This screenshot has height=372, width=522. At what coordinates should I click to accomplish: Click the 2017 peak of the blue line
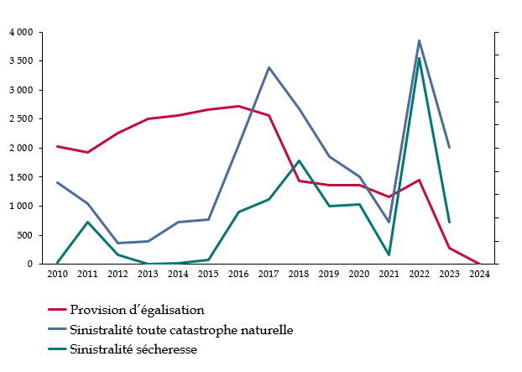pos(269,67)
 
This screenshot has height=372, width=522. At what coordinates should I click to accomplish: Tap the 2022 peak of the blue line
pos(419,40)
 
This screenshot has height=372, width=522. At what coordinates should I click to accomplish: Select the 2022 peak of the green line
pos(419,58)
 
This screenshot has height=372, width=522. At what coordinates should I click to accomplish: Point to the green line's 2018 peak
pos(299,160)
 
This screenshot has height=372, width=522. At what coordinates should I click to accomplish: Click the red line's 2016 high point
pos(239,106)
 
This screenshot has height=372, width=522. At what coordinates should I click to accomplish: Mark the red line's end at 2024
pos(479,264)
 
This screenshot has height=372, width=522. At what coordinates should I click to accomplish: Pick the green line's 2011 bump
pos(88,222)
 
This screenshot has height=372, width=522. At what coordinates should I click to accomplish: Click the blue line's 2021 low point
pos(389,222)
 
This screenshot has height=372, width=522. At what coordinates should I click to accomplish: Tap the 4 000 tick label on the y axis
pos(21,32)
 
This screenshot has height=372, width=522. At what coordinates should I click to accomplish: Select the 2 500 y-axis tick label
pos(21,119)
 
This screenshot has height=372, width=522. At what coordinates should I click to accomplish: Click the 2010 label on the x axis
pos(57,274)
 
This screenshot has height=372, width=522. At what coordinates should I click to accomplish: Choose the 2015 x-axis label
pos(208,274)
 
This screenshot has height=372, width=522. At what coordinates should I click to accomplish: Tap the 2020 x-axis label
pos(358,274)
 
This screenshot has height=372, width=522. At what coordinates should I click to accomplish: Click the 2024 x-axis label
pos(479,274)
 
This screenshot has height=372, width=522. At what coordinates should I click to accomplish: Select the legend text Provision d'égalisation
pos(137,310)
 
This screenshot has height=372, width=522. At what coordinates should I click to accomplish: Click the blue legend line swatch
pos(57,330)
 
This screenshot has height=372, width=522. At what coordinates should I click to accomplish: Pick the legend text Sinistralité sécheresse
pos(133,349)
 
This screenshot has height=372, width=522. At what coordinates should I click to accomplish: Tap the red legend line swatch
pos(57,311)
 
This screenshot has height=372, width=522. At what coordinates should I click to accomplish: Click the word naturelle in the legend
pos(267,330)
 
